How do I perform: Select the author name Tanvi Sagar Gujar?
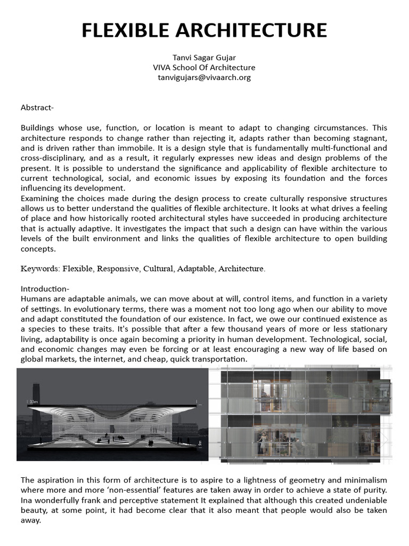[x=204, y=58]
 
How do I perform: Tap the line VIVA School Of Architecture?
[x=204, y=67]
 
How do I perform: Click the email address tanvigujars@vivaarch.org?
[x=204, y=77]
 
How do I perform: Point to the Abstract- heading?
[x=37, y=108]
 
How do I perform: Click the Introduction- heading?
[x=45, y=288]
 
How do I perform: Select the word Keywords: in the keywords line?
[x=40, y=269]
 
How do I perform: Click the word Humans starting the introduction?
[x=35, y=299]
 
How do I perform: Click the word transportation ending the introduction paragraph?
[x=221, y=359]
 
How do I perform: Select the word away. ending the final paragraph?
[x=31, y=520]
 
